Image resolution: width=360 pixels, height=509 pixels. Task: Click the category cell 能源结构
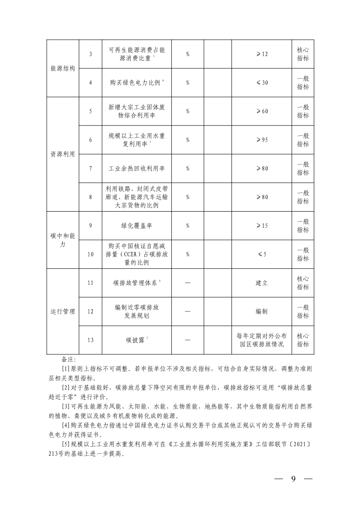coord(63,68)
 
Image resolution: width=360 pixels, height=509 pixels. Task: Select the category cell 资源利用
coord(63,154)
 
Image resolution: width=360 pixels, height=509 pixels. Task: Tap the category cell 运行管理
coord(63,312)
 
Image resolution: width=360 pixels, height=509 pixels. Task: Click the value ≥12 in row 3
coord(262,54)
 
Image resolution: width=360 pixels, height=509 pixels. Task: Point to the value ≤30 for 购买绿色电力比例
coord(262,83)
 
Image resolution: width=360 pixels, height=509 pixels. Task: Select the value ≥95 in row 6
coord(262,140)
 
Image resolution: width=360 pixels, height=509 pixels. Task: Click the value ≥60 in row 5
coord(262,111)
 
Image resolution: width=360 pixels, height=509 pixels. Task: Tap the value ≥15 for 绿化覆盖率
coord(262,226)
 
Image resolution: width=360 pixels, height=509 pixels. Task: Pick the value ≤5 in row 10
coord(262,254)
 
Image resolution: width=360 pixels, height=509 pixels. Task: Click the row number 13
coord(90,340)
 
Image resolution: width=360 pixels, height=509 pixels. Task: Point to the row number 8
coord(90,197)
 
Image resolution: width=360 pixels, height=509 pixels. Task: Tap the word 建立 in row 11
coord(262,283)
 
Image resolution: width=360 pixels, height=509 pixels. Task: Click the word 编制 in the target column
coord(262,312)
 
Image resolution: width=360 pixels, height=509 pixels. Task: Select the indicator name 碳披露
coord(134,340)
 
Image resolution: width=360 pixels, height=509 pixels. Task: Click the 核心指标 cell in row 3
coord(303,54)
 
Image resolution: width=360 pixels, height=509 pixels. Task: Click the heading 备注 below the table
coord(69,360)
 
